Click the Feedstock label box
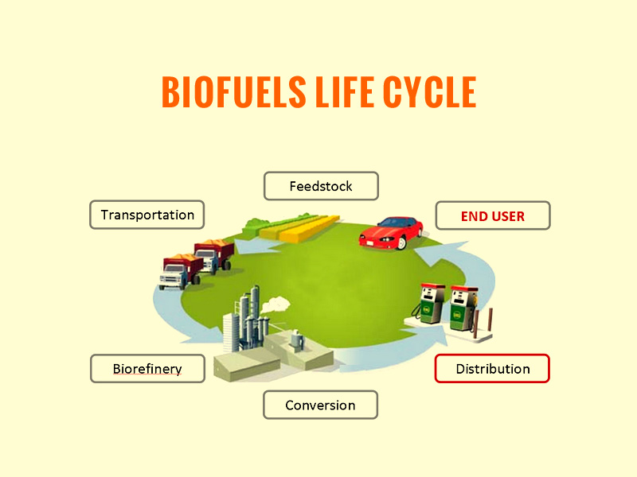[x=321, y=186]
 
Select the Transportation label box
[x=147, y=215]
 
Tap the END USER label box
[x=493, y=215]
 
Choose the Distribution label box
[x=492, y=368]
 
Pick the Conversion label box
[x=321, y=405]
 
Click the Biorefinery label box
[x=147, y=368]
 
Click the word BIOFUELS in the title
[x=233, y=92]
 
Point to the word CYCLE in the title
[x=429, y=92]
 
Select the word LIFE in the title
[x=345, y=92]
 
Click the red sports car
[x=391, y=233]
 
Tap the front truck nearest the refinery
[x=182, y=271]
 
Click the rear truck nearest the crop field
[x=214, y=255]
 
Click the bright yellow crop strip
[x=310, y=229]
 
